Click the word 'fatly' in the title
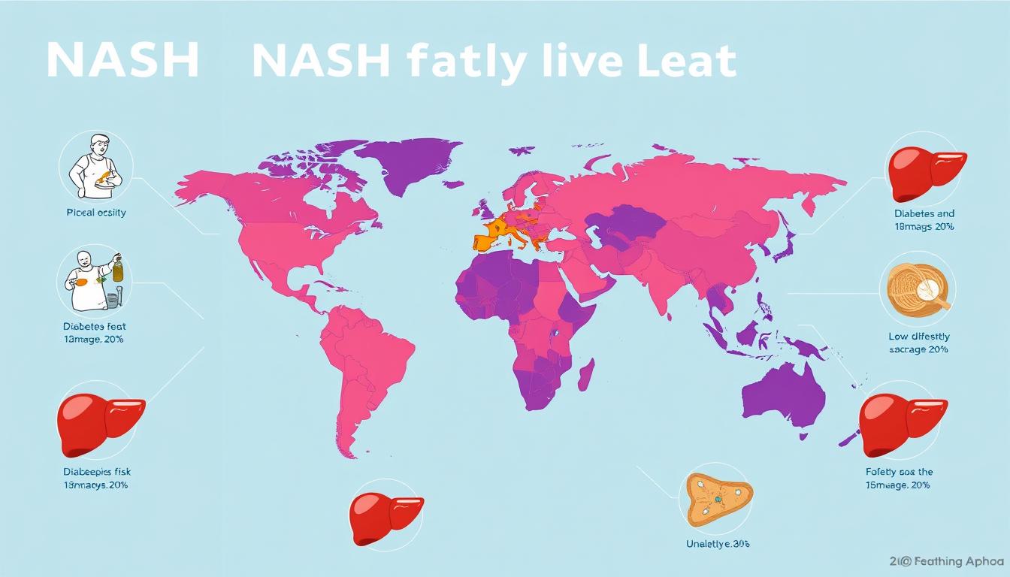[x=458, y=62]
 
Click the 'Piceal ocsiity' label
[x=96, y=213]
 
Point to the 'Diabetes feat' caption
[x=95, y=327]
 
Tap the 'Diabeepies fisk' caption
[x=96, y=472]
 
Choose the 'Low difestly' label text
[x=918, y=337]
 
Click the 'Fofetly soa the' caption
[x=899, y=472]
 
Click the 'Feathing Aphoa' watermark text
[x=954, y=561]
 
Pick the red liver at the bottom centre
[x=386, y=518]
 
